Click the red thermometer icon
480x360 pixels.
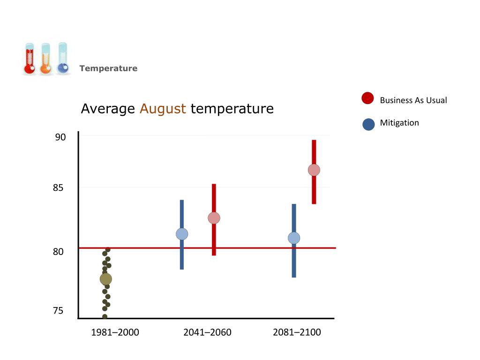(x=29, y=60)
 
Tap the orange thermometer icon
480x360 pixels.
(x=45, y=60)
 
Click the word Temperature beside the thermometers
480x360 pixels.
(x=108, y=68)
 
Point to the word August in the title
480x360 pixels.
(x=163, y=109)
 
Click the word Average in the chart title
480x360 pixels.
(x=108, y=109)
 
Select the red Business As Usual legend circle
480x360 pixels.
(x=368, y=98)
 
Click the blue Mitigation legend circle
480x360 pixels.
(x=369, y=124)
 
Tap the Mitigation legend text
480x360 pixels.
(x=399, y=123)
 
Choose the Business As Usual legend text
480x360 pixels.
(x=413, y=100)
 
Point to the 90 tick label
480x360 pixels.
(x=60, y=137)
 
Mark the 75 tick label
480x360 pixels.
(x=58, y=311)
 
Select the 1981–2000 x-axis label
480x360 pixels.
(x=115, y=333)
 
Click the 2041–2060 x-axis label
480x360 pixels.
(x=207, y=333)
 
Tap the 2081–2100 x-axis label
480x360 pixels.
(x=297, y=333)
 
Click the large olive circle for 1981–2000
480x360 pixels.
(x=106, y=279)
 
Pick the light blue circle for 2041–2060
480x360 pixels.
(x=182, y=234)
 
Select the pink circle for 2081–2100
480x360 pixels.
(x=314, y=170)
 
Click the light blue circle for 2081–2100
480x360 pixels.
(x=294, y=238)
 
